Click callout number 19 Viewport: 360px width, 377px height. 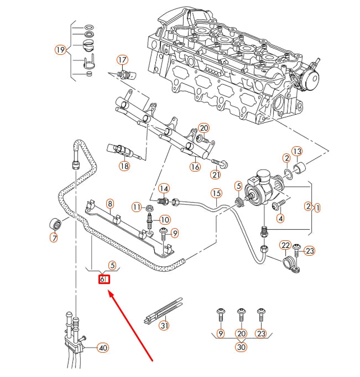[x=61, y=50]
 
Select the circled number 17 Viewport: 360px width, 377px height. [x=122, y=60]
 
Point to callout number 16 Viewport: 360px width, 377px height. [x=195, y=167]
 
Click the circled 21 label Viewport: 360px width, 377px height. [x=216, y=175]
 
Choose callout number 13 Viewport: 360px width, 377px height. [x=297, y=151]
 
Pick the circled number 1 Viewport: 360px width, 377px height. [x=317, y=208]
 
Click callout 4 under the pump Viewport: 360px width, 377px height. [x=280, y=219]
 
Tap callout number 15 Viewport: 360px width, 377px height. [x=216, y=193]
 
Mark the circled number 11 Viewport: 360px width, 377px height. [x=137, y=207]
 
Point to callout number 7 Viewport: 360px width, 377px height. [x=54, y=239]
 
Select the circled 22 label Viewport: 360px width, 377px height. [x=285, y=245]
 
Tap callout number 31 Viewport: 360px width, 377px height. [x=164, y=326]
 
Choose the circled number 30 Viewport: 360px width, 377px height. [x=241, y=348]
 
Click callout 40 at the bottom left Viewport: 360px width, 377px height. [x=102, y=348]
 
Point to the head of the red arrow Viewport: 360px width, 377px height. [x=109, y=293]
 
